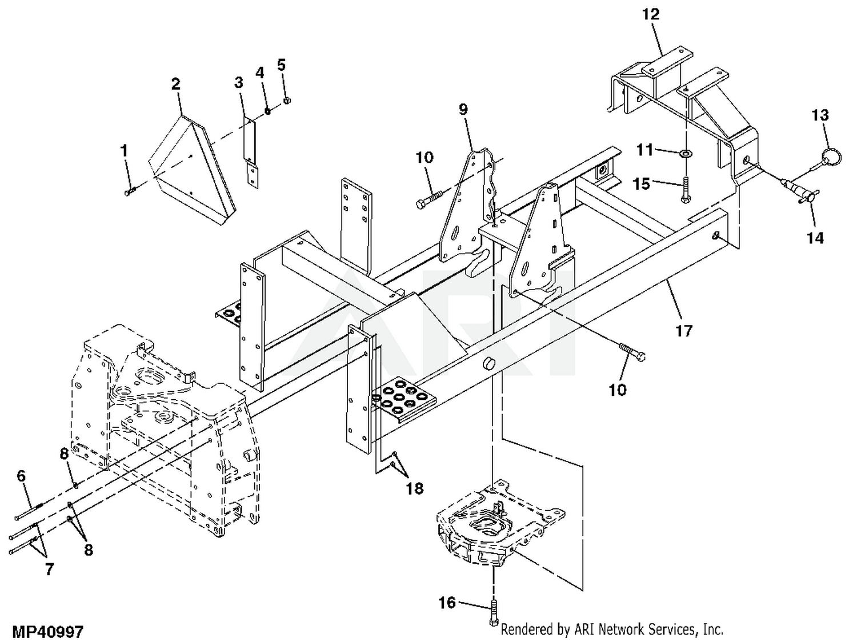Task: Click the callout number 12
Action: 651,14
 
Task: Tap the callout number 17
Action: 684,331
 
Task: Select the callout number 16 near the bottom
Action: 447,603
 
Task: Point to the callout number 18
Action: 415,488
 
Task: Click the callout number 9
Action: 463,109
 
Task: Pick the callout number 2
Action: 176,83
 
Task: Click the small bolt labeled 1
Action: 130,191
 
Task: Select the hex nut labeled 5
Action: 286,101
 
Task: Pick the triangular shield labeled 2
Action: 192,170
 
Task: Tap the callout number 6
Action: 21,476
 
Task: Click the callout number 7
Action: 49,569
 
